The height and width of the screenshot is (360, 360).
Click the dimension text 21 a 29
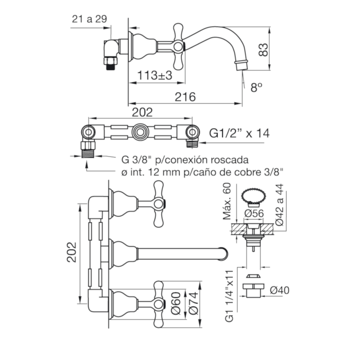pos(89,19)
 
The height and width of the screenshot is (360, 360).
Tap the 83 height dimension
pos(263,50)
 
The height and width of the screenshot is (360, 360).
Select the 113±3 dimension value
pos(155,75)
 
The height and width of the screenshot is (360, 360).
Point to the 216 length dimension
pos(185,97)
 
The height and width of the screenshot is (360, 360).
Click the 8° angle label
pos(256,87)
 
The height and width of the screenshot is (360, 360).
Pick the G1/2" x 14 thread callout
pos(239,133)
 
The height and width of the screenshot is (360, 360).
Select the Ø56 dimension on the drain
pos(254,213)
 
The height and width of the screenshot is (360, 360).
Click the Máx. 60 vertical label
pos(227,201)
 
